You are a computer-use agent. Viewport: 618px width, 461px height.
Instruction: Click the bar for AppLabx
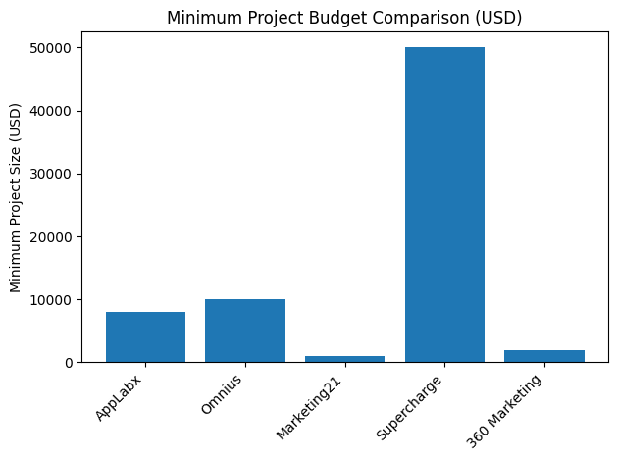tap(145, 337)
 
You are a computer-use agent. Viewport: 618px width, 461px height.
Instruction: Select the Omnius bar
tap(245, 332)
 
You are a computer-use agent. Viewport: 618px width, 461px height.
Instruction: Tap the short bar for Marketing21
tap(344, 359)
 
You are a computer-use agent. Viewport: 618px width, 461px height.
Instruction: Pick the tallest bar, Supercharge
tap(444, 205)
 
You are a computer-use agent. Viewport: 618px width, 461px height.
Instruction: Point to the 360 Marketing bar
tap(544, 356)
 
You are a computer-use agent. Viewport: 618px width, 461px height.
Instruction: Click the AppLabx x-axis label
tap(120, 396)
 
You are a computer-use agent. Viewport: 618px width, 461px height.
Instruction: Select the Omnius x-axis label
tap(223, 393)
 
